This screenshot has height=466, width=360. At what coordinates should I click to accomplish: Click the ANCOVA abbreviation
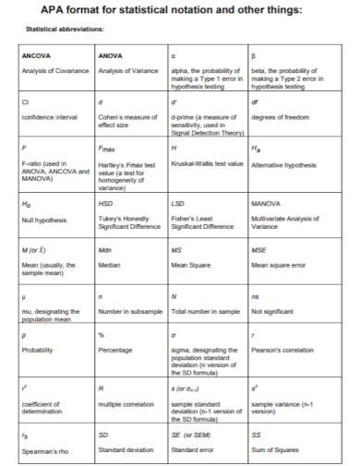point(36,56)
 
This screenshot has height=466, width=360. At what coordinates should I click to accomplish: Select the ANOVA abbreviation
point(110,56)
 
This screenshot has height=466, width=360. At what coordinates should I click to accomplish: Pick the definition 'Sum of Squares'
point(275,449)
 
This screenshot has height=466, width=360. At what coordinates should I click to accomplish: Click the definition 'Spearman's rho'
point(45,451)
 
